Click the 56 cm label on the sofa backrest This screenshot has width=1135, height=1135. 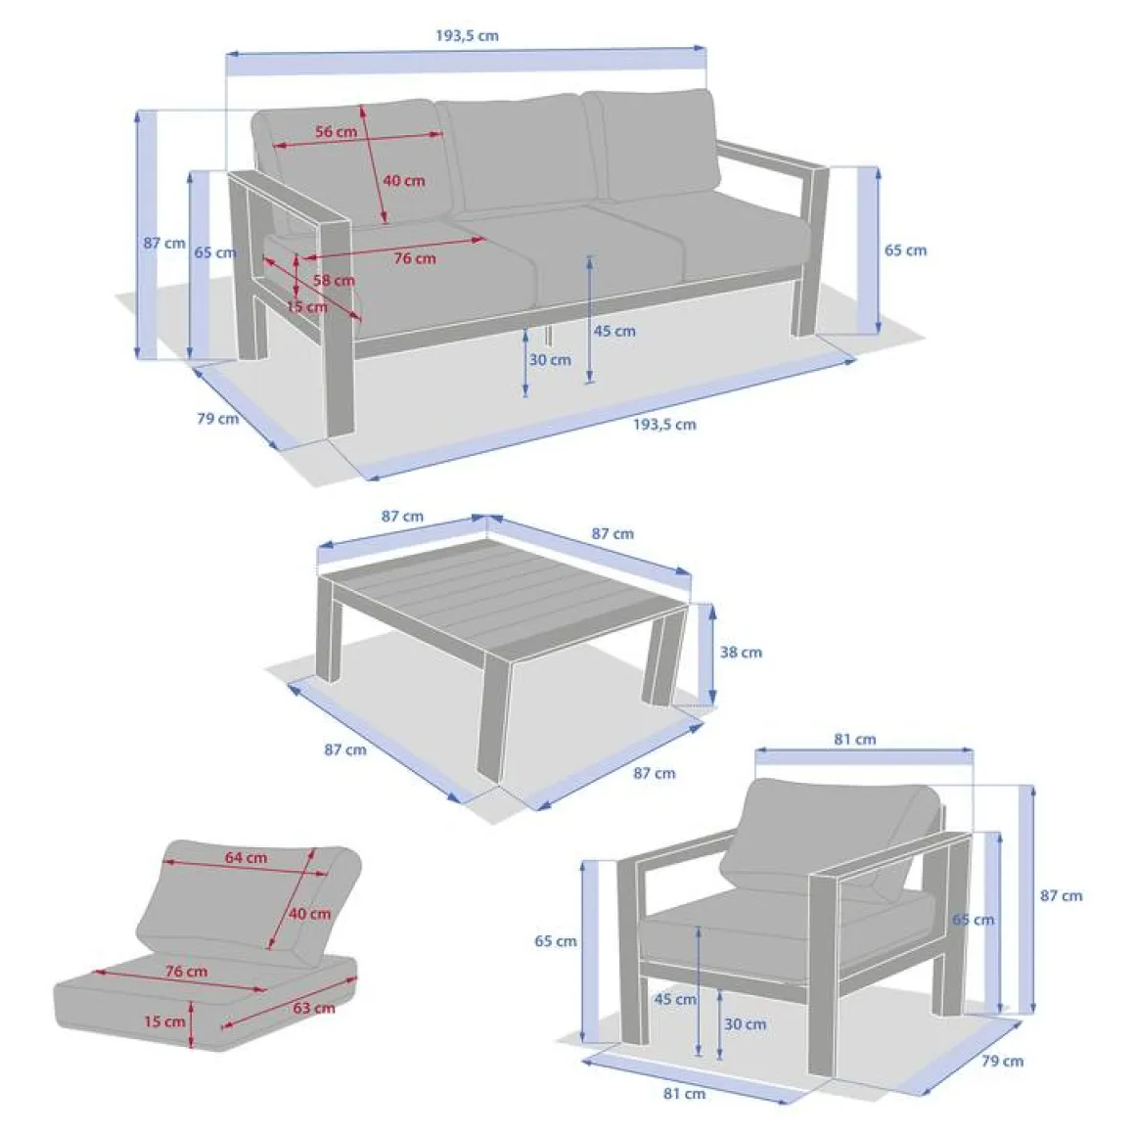tap(336, 132)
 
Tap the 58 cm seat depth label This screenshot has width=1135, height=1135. tap(334, 280)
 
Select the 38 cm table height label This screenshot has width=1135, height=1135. tap(741, 653)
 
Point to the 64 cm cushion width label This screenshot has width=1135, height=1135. tap(246, 858)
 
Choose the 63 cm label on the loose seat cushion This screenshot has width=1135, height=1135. tap(314, 1008)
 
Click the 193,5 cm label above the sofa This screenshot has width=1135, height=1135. tap(467, 35)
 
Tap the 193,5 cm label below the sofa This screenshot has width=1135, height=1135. tap(664, 425)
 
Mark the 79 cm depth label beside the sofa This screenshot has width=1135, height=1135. tap(218, 419)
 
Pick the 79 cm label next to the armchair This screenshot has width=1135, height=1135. tap(1003, 1062)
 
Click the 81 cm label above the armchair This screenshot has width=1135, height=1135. tap(855, 739)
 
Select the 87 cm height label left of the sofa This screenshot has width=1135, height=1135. tap(164, 244)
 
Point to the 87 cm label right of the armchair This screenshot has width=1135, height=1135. tap(1062, 895)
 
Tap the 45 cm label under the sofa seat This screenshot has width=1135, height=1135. tap(614, 331)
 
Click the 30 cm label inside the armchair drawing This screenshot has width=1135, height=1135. tap(745, 1024)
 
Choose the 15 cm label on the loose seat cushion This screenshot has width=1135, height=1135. tap(164, 1021)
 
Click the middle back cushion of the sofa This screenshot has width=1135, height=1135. tap(520, 154)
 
